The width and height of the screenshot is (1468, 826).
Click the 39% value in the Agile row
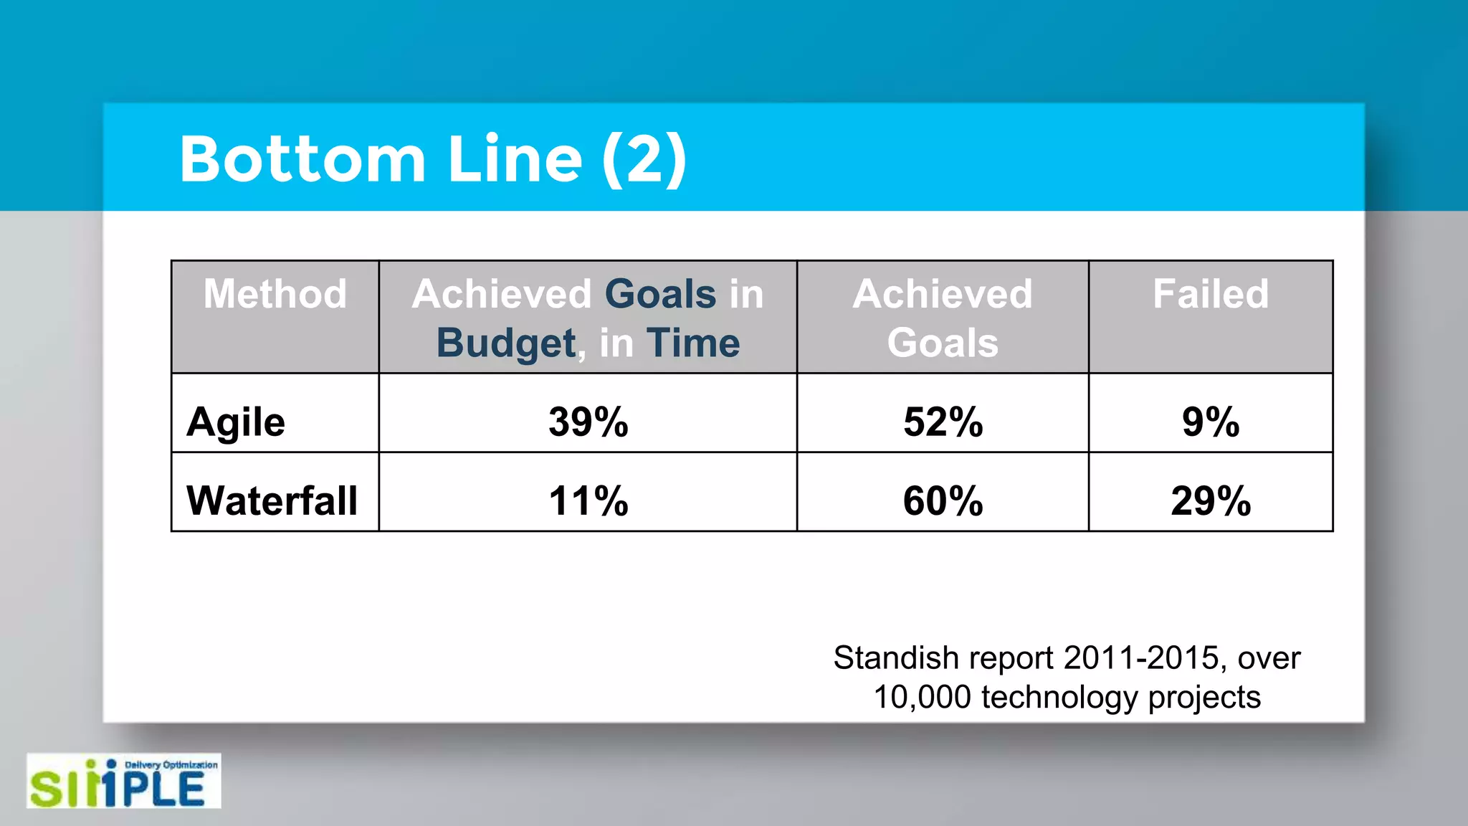(x=588, y=422)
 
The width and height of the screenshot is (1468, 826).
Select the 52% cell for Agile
(x=943, y=422)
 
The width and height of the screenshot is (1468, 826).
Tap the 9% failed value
(x=1211, y=422)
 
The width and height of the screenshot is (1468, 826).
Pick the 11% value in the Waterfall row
(x=588, y=500)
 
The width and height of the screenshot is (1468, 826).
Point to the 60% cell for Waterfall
(x=943, y=500)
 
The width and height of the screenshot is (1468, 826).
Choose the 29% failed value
(x=1211, y=500)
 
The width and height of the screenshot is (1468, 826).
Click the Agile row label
(x=236, y=422)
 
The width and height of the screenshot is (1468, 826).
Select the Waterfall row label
(x=272, y=500)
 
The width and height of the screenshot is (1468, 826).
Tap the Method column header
(x=275, y=294)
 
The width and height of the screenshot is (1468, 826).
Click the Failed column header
(x=1211, y=294)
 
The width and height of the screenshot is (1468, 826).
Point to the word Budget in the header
(x=506, y=343)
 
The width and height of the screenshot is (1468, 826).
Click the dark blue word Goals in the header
(x=660, y=294)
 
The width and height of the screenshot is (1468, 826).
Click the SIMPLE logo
(x=123, y=782)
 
